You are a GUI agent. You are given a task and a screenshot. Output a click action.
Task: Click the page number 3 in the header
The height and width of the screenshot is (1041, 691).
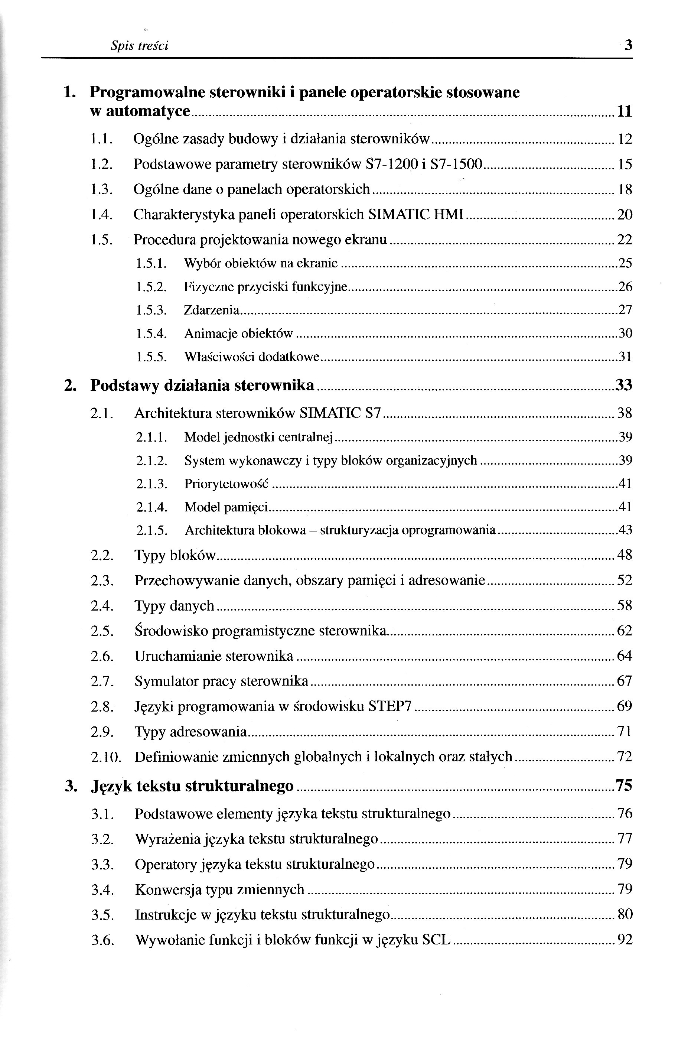coord(628,45)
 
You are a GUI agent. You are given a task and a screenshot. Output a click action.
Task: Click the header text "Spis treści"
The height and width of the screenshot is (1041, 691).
coord(139,46)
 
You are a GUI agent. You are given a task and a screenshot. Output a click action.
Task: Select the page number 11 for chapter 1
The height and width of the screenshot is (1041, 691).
coord(625,111)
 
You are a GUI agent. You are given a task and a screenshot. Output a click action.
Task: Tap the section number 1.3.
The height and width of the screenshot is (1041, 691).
coord(102,189)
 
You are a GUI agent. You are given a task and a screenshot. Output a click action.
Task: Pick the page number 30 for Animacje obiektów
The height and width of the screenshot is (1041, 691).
coord(625,333)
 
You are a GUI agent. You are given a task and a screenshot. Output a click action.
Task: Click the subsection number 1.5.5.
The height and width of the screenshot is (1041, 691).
coord(151,357)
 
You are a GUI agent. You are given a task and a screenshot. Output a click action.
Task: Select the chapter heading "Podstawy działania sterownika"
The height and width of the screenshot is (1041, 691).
coord(202,386)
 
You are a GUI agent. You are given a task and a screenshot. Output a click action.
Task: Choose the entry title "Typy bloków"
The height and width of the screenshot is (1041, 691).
coord(175,555)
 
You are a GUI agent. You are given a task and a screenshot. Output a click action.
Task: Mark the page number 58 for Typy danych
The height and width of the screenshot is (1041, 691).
coord(625,606)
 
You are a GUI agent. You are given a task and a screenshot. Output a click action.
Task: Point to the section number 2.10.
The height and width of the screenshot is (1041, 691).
coord(106,757)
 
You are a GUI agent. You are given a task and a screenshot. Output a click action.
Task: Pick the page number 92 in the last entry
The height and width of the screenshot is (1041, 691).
coord(625,940)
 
